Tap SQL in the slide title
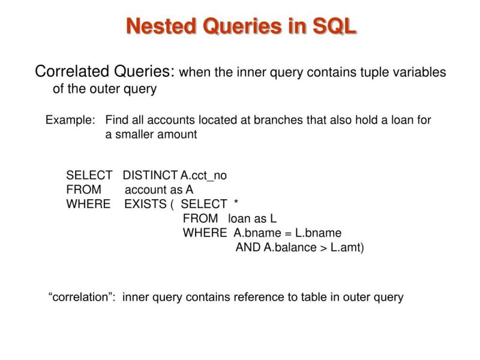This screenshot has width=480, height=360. point(334,26)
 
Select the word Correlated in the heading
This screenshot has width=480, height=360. point(73,72)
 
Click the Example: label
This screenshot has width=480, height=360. point(70,120)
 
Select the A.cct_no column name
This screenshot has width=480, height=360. point(204,176)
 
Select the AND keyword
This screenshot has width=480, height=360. point(248,247)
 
